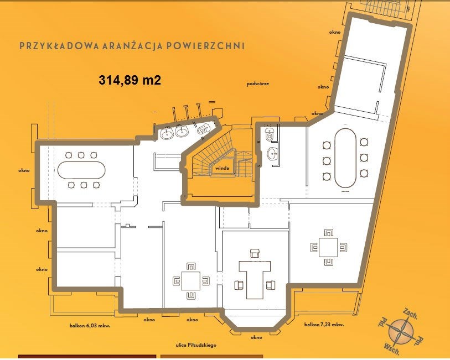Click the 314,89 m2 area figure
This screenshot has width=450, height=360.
point(130,80)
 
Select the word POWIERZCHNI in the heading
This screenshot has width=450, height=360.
point(205,46)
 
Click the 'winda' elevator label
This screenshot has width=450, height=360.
point(222,168)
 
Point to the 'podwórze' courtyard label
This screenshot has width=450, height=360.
point(258,84)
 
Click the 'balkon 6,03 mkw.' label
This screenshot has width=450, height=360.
point(90,326)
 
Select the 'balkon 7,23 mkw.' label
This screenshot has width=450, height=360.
point(324,325)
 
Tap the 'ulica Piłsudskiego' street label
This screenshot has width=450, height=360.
point(196,346)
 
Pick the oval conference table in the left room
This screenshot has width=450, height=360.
point(81,170)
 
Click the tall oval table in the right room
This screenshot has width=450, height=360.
point(345,158)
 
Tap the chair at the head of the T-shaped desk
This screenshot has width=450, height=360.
point(255,253)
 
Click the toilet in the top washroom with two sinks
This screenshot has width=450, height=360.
point(203,129)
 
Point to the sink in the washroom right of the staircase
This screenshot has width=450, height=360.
point(272,154)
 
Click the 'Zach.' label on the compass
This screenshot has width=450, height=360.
point(410,314)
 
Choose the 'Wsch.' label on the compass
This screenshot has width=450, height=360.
point(392,347)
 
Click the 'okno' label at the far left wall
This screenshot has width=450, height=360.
point(24,170)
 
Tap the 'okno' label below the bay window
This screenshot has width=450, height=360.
point(256,337)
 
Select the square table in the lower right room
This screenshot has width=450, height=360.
point(329,247)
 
